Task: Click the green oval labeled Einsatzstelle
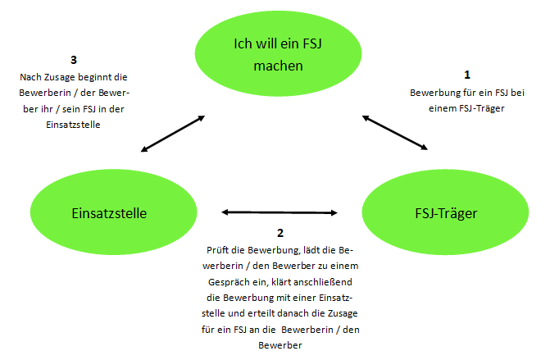click(113, 212)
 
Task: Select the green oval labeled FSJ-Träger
click(445, 212)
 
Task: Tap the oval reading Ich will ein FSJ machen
click(278, 53)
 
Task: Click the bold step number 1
click(467, 75)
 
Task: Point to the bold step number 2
click(280, 233)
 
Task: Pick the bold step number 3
click(73, 60)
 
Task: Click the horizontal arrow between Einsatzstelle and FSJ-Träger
click(280, 212)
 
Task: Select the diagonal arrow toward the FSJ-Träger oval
click(395, 133)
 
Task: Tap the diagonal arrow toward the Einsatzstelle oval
click(173, 134)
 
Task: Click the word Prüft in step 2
click(218, 250)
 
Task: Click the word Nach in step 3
click(30, 77)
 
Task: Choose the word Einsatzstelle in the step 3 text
click(73, 125)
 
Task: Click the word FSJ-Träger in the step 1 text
click(482, 108)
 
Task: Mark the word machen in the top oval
click(278, 66)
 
